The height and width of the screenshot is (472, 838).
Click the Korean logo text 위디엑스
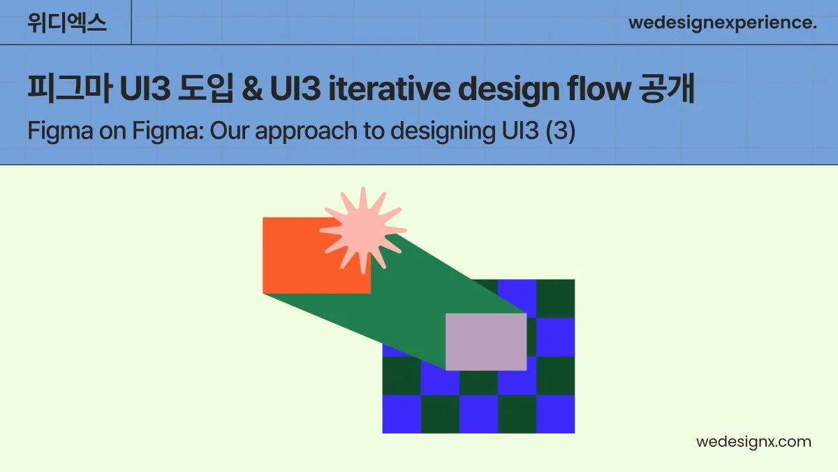click(67, 22)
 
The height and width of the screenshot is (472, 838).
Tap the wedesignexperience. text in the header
click(722, 22)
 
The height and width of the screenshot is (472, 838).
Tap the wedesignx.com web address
click(754, 442)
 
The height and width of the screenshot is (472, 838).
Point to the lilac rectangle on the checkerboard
click(486, 341)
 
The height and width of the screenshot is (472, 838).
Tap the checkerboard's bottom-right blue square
click(555, 414)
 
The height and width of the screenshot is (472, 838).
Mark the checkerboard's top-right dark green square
click(555, 299)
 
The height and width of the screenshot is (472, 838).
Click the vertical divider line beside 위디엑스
click(131, 22)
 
